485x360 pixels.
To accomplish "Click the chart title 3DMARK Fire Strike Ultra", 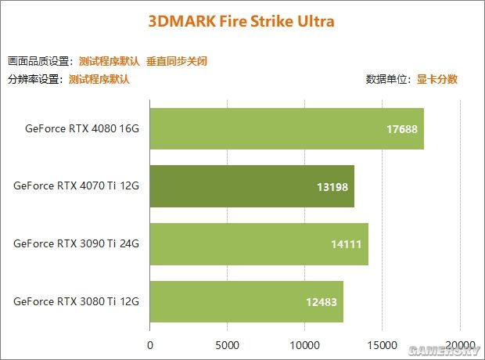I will point(241,21).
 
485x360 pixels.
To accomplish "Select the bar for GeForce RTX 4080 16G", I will point(286,128).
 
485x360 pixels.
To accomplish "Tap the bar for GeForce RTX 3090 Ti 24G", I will point(259,243).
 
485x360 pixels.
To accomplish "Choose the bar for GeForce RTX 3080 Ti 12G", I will point(246,301).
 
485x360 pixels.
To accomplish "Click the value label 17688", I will point(401,129).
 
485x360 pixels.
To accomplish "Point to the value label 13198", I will point(332,187).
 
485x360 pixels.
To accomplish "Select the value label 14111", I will point(346,244).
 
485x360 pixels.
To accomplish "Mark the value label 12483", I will point(322,302).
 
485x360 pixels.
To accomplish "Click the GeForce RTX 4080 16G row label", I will point(81,128).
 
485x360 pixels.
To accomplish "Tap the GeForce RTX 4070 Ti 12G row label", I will point(76,186).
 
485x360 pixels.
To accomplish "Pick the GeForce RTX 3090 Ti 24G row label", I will point(76,243).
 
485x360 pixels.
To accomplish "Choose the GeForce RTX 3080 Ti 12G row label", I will point(76,301).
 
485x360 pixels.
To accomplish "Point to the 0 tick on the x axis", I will point(150,344).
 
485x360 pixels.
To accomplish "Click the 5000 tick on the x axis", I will point(227,344).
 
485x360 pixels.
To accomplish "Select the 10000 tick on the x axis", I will point(304,344).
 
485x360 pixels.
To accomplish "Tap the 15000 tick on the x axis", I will point(382,344).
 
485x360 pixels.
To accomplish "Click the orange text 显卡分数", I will point(437,79).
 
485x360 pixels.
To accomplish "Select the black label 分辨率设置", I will point(34,79).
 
